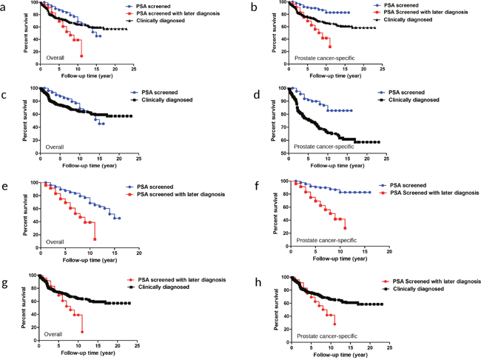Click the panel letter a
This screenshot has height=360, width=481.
(7, 7)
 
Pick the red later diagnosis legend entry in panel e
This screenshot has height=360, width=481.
(176, 193)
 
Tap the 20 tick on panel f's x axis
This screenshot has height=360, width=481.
(389, 251)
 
